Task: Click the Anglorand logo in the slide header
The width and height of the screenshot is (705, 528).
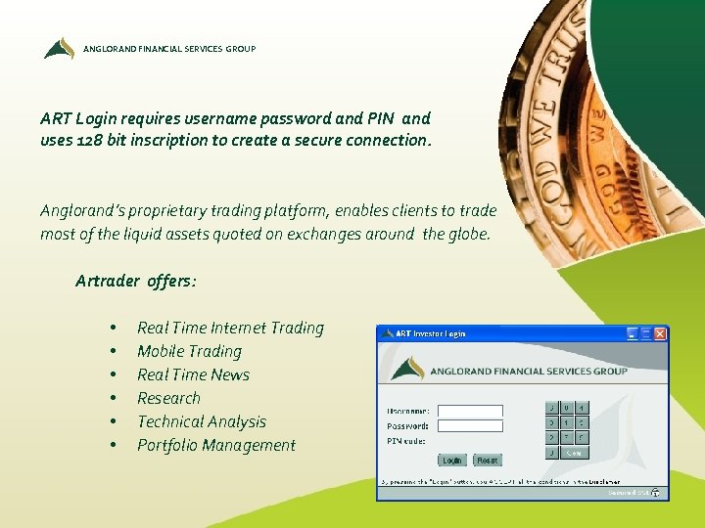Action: click(59, 48)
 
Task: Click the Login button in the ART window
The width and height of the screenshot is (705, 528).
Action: click(452, 460)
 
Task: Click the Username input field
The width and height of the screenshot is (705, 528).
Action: click(470, 412)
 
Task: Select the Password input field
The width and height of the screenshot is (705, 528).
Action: click(470, 426)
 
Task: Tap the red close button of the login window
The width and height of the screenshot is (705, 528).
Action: click(660, 333)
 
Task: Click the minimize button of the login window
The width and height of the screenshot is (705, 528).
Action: click(633, 333)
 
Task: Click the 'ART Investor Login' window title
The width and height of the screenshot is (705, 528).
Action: click(431, 333)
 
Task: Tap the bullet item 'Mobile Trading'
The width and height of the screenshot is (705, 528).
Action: click(189, 351)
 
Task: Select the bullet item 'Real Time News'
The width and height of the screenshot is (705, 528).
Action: click(193, 374)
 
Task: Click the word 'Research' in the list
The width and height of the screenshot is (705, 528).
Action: click(168, 398)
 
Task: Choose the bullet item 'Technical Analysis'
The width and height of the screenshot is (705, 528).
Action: click(202, 421)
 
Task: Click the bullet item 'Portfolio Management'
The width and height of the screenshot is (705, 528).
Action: click(215, 445)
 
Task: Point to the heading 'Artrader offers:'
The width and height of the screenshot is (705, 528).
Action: click(135, 281)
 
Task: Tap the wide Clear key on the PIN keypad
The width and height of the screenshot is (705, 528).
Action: click(575, 453)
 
